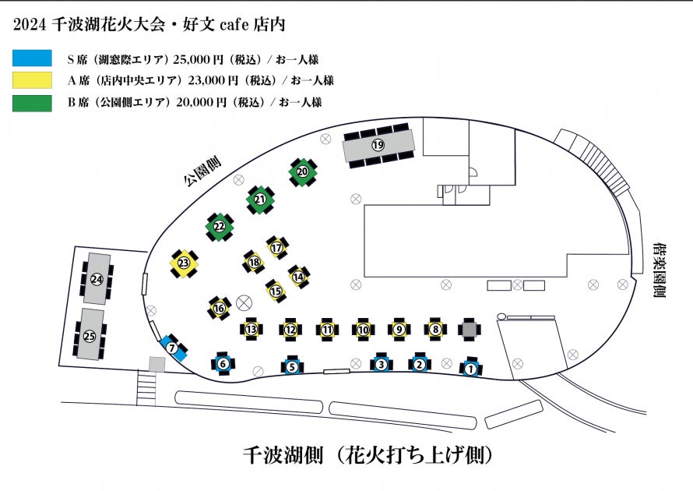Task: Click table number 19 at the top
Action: [x=378, y=145]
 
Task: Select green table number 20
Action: [x=304, y=171]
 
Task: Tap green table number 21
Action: [x=260, y=200]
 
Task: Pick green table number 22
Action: [x=220, y=227]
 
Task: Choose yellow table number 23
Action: [x=184, y=263]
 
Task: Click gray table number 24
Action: [x=97, y=279]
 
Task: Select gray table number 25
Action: [x=90, y=336]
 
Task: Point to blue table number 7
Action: [x=172, y=348]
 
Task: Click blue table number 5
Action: [x=291, y=366]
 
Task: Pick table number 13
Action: [x=251, y=330]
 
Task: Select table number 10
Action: [x=363, y=330]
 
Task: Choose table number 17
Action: [x=276, y=247]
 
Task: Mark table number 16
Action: [x=220, y=309]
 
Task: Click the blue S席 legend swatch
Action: [x=32, y=58]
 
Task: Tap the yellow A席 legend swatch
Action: [x=32, y=80]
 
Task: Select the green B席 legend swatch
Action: [x=32, y=102]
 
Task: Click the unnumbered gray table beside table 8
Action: [x=470, y=330]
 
